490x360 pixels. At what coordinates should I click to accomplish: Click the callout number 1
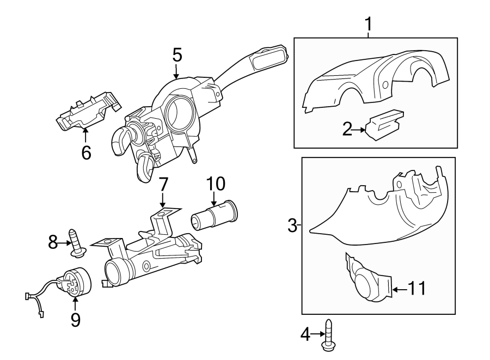click(369, 24)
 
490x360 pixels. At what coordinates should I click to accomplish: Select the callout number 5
click(177, 55)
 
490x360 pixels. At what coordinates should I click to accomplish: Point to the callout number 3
click(292, 225)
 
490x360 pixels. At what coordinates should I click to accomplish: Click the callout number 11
click(417, 288)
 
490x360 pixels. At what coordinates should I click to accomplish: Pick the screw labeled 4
click(327, 335)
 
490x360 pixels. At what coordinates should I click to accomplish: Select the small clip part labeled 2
click(384, 125)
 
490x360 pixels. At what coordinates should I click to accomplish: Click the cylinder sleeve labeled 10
click(214, 216)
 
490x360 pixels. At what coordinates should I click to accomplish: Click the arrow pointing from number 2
click(359, 130)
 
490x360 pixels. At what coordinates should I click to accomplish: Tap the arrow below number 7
click(162, 200)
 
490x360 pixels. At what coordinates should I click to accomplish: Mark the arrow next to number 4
click(318, 334)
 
